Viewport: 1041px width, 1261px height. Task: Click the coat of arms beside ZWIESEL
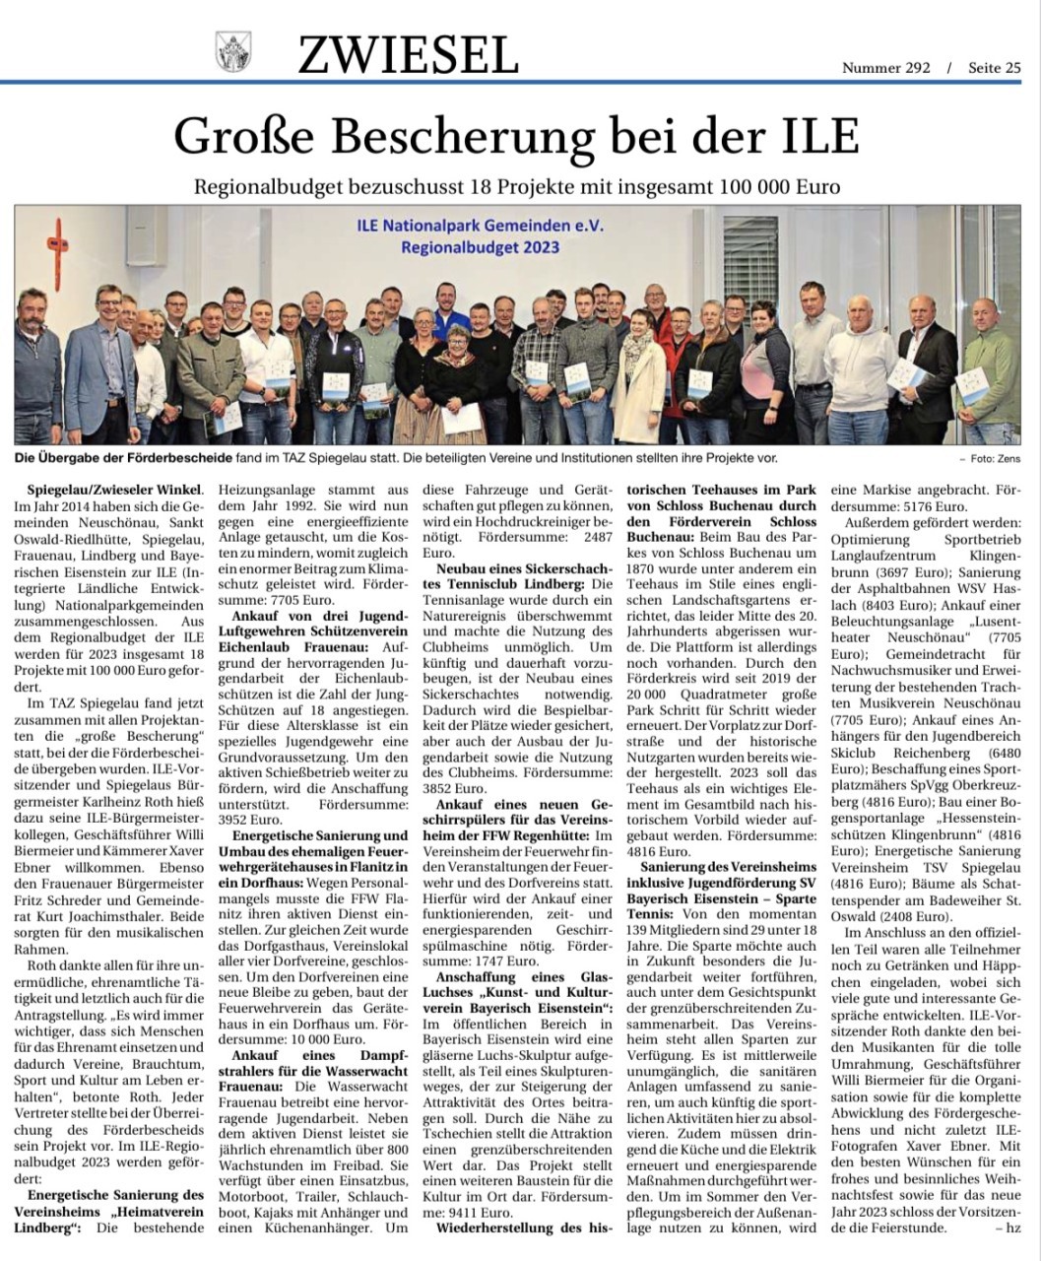233,50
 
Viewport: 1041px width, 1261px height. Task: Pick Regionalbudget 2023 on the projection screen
480,247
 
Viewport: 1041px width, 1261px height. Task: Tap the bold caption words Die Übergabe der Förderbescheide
121,458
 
